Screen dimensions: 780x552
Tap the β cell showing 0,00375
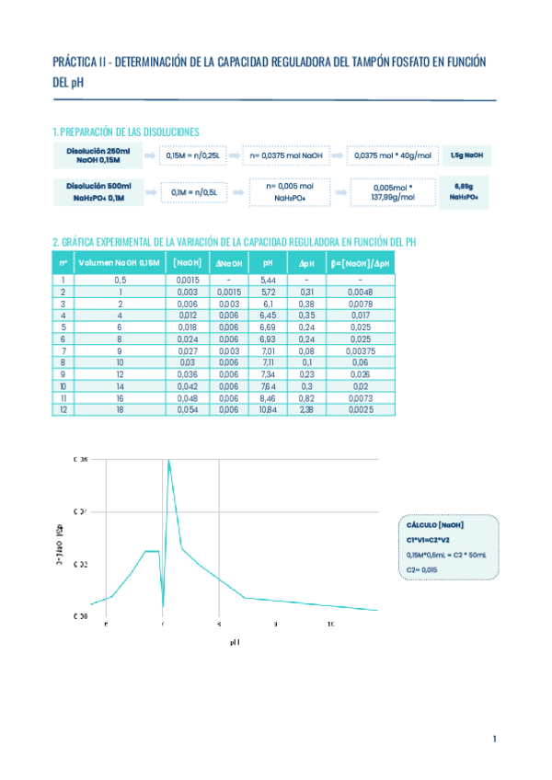(x=361, y=350)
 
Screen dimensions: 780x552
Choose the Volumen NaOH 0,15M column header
(x=121, y=264)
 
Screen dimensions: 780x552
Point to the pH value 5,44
(x=269, y=279)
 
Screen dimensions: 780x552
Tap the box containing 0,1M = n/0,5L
(x=193, y=192)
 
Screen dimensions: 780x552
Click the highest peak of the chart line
(x=168, y=460)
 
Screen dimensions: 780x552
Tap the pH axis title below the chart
(x=236, y=644)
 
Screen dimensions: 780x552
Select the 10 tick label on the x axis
(x=331, y=625)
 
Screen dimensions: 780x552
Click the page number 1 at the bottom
(x=495, y=739)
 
